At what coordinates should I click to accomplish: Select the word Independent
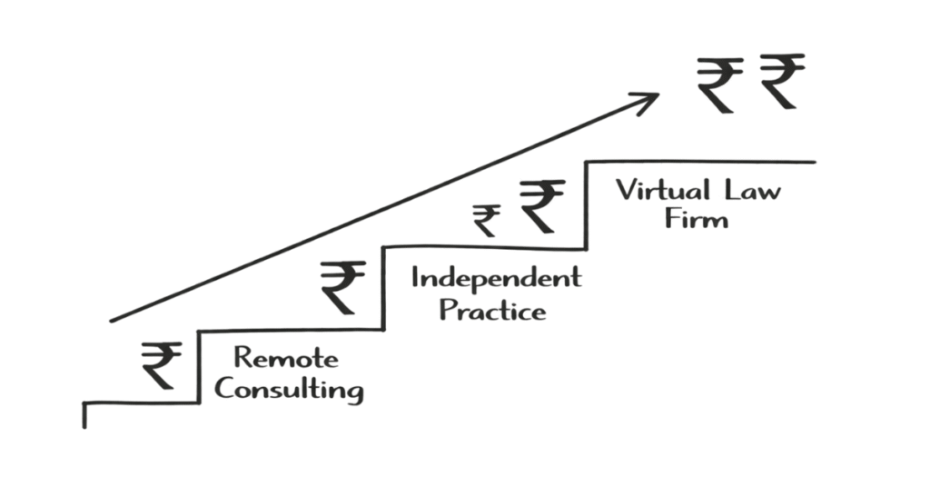click(x=496, y=277)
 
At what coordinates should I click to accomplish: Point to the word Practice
click(x=492, y=310)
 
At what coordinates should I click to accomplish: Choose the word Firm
click(x=696, y=219)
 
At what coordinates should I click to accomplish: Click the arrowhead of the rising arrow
click(x=652, y=98)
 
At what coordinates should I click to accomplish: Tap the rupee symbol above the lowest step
click(x=161, y=364)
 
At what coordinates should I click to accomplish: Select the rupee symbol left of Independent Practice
click(x=343, y=286)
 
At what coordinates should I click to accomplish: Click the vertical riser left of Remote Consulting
click(x=199, y=367)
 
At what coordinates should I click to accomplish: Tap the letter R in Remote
click(x=242, y=357)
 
